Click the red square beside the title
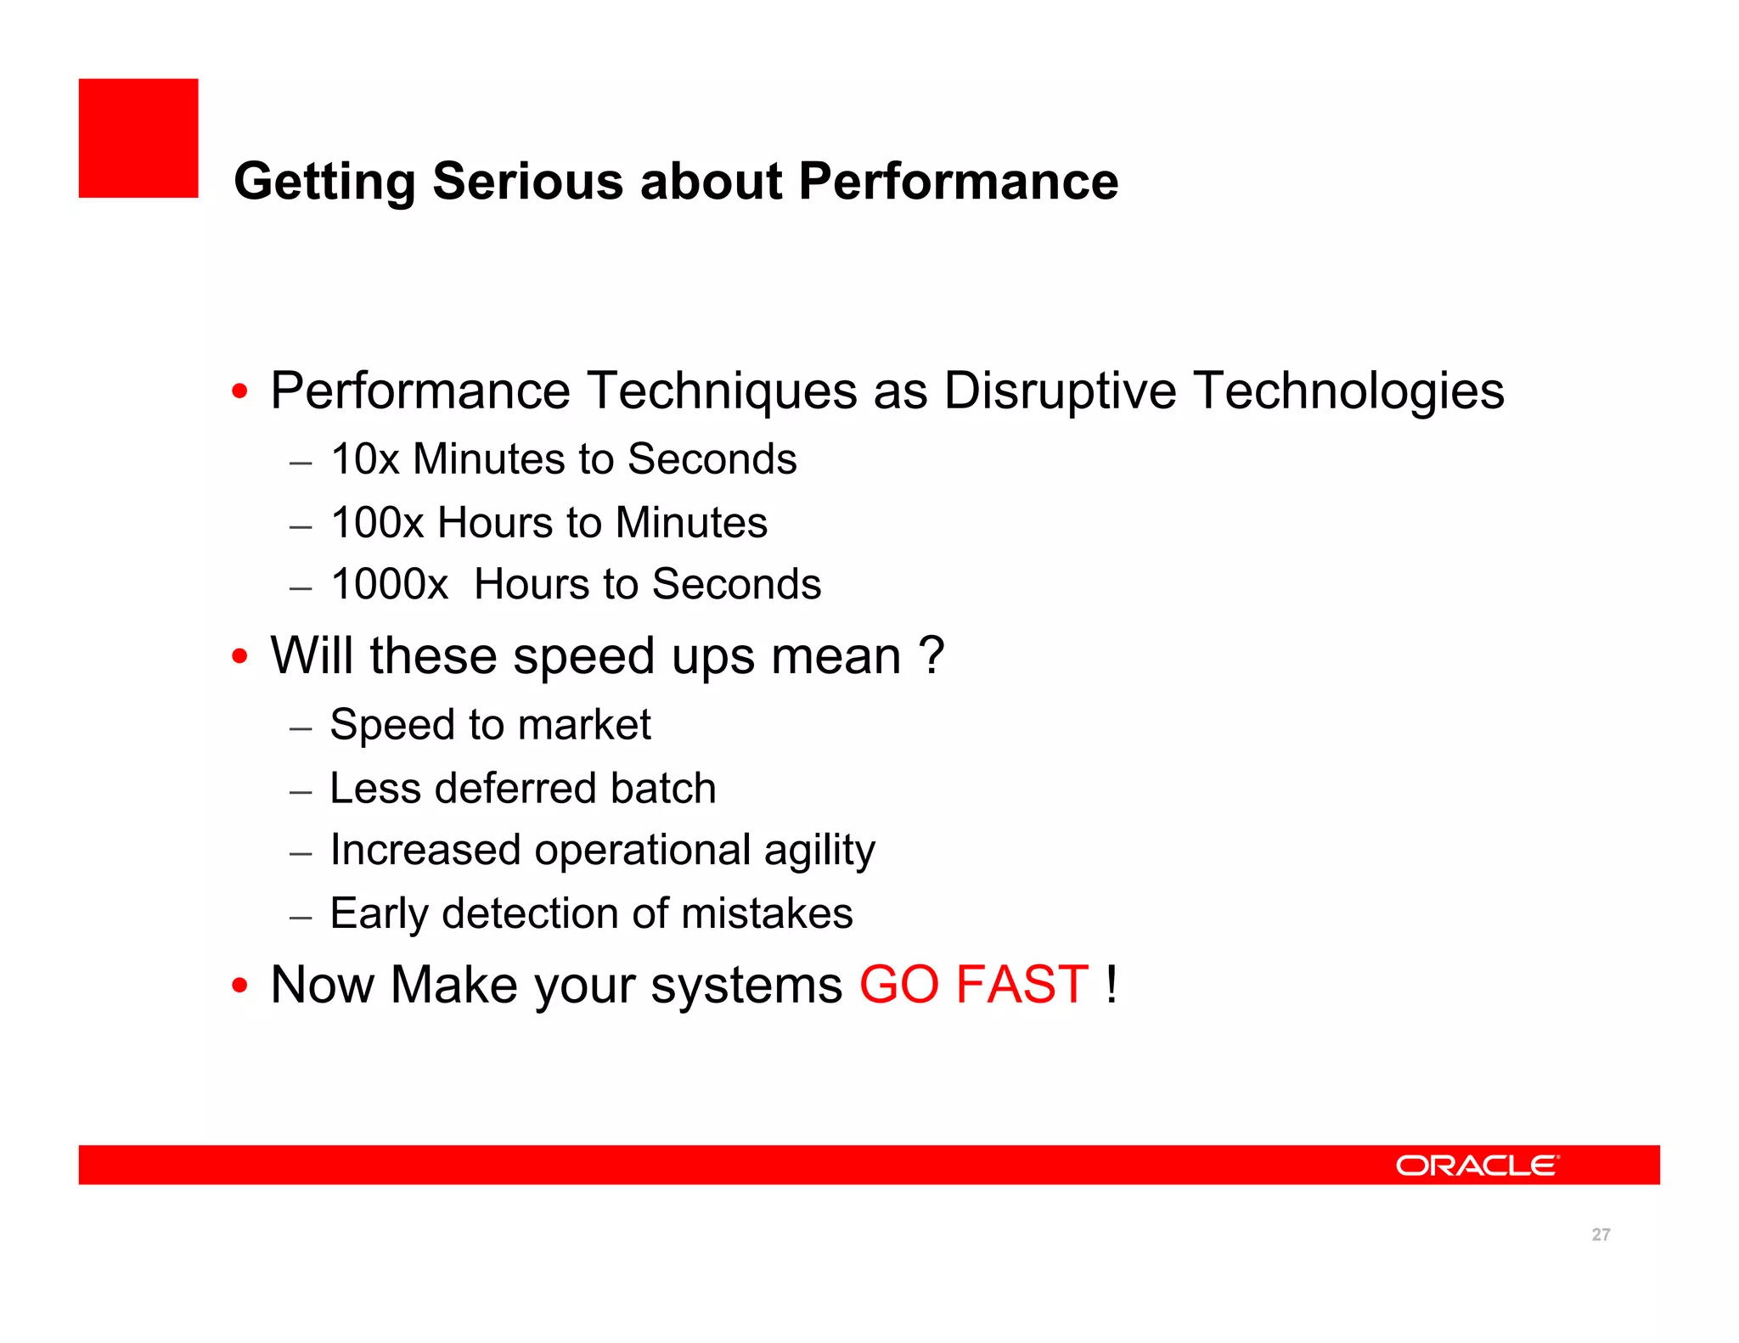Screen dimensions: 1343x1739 (138, 138)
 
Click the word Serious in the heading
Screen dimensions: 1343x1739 (527, 182)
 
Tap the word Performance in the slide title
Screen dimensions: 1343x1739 (958, 182)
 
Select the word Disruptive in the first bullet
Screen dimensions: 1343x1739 (1059, 391)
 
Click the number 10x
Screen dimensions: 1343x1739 (364, 459)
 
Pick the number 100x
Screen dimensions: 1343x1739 (376, 523)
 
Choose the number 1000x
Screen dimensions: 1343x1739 (389, 585)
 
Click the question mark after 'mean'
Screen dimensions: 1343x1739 (931, 655)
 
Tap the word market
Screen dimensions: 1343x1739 (584, 726)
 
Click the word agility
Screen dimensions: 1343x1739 (819, 851)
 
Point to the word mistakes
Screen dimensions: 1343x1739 (767, 914)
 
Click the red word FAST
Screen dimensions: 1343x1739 (1021, 985)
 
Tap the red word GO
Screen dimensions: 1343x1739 (899, 985)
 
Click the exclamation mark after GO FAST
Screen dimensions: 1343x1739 (1111, 985)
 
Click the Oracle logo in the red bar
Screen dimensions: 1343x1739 (1477, 1166)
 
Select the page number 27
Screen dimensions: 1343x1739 (1601, 1235)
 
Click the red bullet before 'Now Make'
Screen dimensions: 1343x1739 (240, 986)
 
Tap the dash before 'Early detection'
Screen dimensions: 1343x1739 (301, 918)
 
